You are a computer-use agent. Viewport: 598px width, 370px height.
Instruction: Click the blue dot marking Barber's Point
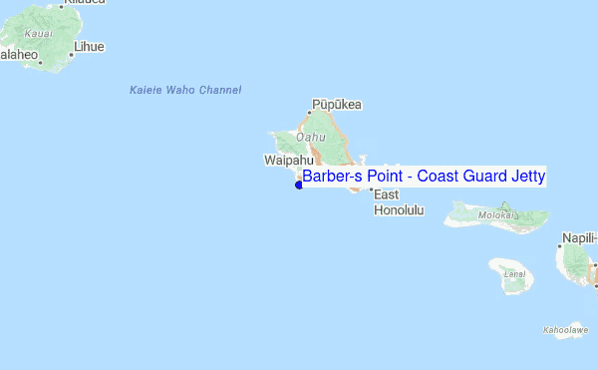pyautogui.click(x=299, y=184)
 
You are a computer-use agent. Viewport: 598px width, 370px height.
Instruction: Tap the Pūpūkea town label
pyautogui.click(x=337, y=104)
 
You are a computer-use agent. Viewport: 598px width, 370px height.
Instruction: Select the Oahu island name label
pyautogui.click(x=312, y=137)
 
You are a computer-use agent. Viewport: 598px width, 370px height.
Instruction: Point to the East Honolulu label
pyautogui.click(x=399, y=202)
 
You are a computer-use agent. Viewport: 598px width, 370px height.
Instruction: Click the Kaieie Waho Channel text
pyautogui.click(x=185, y=91)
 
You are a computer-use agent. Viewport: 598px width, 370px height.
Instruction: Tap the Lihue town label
pyautogui.click(x=88, y=47)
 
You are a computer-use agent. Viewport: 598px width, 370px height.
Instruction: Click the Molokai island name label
pyautogui.click(x=496, y=213)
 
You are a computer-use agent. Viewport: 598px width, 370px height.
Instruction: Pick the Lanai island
pyautogui.click(x=513, y=277)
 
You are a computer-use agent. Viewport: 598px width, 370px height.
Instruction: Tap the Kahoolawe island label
pyautogui.click(x=565, y=329)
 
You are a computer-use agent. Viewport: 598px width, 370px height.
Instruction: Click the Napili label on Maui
pyautogui.click(x=579, y=237)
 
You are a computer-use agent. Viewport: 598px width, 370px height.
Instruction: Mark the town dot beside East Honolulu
pyautogui.click(x=371, y=188)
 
